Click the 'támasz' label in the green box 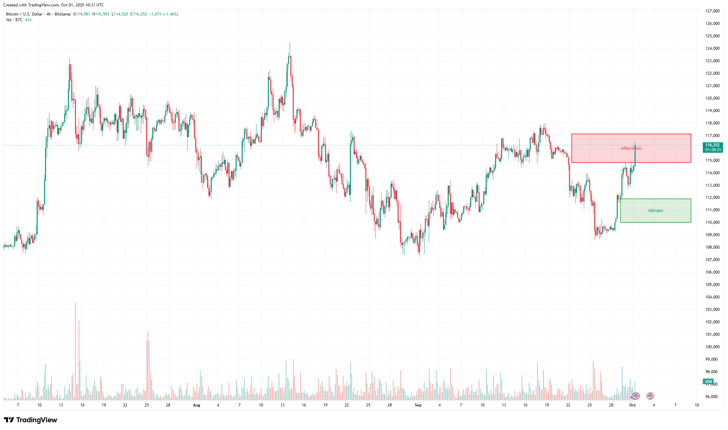pos(655,211)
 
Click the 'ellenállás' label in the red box pos(631,148)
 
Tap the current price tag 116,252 pos(712,145)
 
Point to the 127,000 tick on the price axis pos(712,11)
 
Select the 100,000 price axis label pos(712,347)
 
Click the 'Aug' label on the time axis pos(197,405)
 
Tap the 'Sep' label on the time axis pos(418,405)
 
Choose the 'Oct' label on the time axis pos(632,405)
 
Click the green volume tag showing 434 pos(709,382)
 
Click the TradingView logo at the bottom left pos(31,420)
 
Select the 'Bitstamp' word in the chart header pos(63,14)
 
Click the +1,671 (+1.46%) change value pos(163,14)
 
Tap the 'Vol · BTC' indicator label pos(14,20)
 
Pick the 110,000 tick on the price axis pos(712,222)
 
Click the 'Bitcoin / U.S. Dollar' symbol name pos(24,14)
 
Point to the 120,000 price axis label pos(712,98)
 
